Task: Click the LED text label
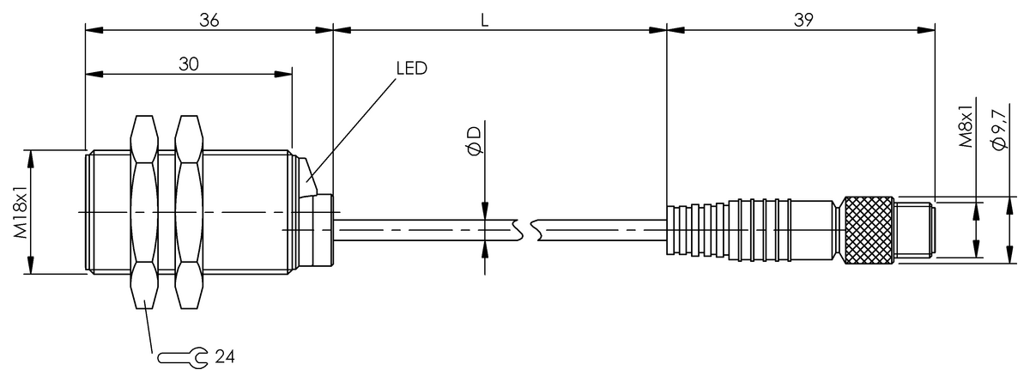tap(411, 69)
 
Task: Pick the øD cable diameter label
tap(473, 139)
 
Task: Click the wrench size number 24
tap(226, 356)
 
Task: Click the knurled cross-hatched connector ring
tap(869, 228)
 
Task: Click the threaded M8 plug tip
tap(915, 227)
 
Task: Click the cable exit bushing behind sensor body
tap(319, 230)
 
